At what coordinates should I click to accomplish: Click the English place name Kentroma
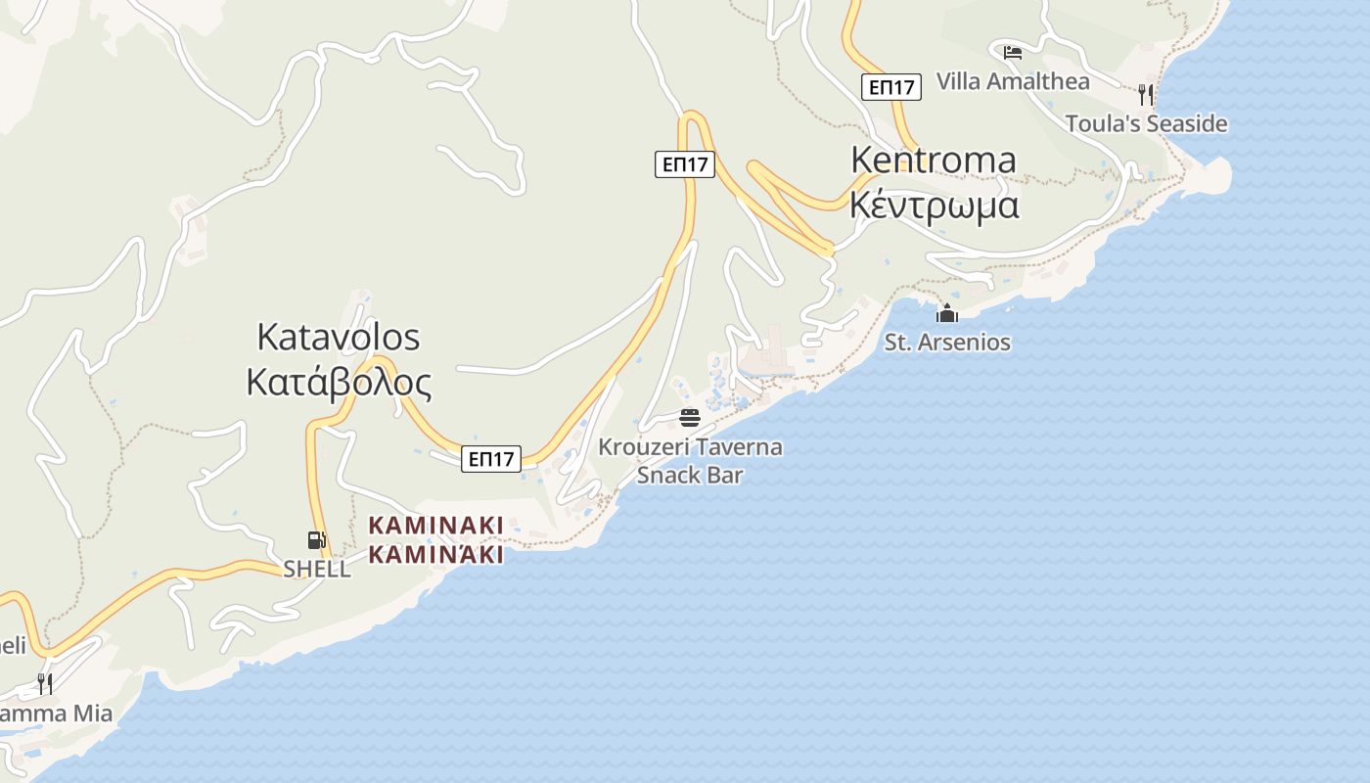(x=933, y=160)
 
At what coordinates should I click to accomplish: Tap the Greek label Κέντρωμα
(x=934, y=206)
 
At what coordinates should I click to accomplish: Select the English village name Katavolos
(x=338, y=337)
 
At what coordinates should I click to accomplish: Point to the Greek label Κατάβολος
(x=338, y=383)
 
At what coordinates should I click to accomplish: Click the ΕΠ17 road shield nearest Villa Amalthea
(x=891, y=87)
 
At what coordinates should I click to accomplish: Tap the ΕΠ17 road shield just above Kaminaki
(x=491, y=458)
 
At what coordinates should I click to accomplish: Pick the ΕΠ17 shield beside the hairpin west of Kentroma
(x=685, y=164)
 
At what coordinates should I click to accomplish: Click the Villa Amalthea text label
(x=1013, y=81)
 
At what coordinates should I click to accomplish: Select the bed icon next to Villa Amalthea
(x=1013, y=52)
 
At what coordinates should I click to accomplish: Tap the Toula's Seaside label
(x=1146, y=123)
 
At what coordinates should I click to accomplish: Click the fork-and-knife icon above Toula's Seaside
(x=1146, y=94)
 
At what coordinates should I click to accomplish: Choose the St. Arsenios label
(x=947, y=343)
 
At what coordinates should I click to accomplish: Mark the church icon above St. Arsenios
(x=947, y=313)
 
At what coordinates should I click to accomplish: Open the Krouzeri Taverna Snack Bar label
(x=690, y=461)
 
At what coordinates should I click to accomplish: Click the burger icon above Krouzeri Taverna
(x=690, y=418)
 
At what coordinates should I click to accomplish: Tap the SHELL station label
(x=317, y=569)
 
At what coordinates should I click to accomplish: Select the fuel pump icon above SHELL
(x=316, y=539)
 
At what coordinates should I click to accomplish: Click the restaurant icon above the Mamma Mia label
(x=45, y=682)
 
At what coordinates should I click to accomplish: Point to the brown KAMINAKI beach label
(x=435, y=539)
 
